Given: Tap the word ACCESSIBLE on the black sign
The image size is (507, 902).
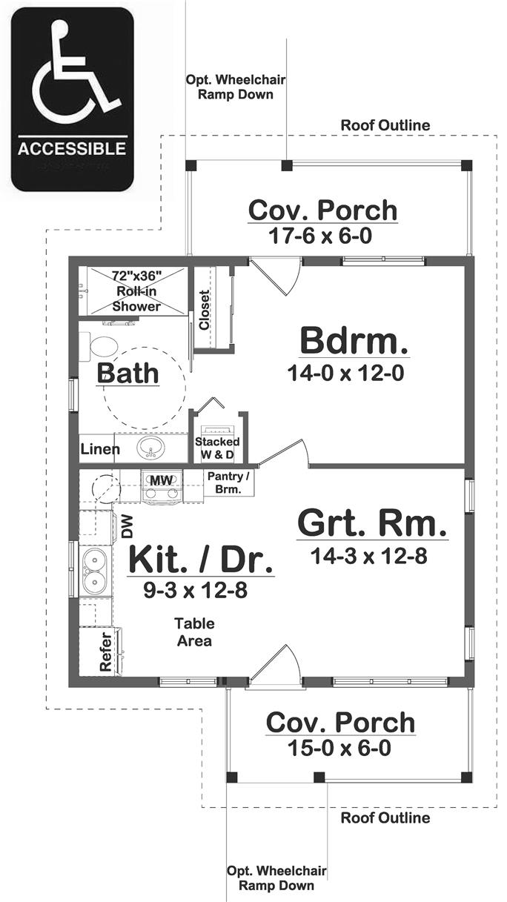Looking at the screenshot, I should click(x=72, y=148).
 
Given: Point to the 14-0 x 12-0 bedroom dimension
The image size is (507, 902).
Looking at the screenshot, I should click(x=345, y=374).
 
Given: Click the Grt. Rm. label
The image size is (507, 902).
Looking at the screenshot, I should click(x=372, y=524).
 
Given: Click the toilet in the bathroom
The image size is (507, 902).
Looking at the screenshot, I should click(x=102, y=346).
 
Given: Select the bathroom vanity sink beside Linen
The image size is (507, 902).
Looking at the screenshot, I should click(x=152, y=448).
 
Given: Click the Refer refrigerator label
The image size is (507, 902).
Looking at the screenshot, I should click(x=105, y=653).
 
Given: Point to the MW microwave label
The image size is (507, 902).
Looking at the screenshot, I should click(x=161, y=480).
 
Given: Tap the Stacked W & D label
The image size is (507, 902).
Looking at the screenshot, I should click(x=217, y=448).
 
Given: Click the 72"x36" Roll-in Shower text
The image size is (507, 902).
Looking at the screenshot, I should click(x=136, y=291).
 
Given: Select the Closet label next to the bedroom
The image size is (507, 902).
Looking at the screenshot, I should click(x=205, y=309).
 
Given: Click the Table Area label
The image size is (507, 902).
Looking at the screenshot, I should click(x=194, y=631).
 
